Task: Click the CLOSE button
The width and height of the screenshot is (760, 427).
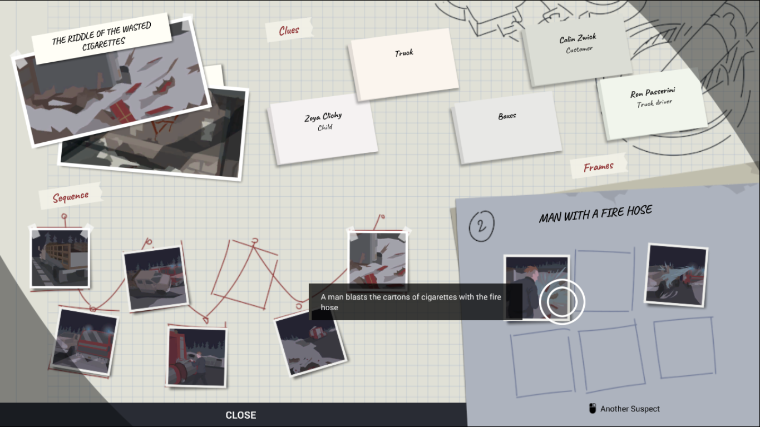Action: click(240, 415)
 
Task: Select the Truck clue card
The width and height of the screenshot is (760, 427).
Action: click(404, 64)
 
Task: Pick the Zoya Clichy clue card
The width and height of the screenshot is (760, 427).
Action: click(323, 129)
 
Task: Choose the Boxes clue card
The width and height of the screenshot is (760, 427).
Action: click(507, 127)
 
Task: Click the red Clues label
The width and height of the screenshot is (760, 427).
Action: click(289, 30)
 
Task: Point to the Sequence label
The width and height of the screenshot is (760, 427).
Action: click(71, 196)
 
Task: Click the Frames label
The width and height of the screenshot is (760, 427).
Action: click(599, 167)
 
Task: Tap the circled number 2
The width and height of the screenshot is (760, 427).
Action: click(481, 226)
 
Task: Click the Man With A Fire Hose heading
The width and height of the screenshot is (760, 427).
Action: click(595, 213)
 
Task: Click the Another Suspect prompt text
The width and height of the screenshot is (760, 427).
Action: click(630, 409)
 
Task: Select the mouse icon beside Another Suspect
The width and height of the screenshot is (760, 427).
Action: click(593, 408)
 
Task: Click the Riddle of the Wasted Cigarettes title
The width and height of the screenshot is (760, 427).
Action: click(101, 37)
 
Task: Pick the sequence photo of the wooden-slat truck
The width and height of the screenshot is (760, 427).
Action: click(60, 259)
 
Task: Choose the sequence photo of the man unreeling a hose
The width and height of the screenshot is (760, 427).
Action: click(196, 356)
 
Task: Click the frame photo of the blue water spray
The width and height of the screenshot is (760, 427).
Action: click(676, 275)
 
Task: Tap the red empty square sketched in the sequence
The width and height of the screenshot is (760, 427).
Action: click(245, 274)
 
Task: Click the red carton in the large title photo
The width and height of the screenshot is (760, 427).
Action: click(122, 111)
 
